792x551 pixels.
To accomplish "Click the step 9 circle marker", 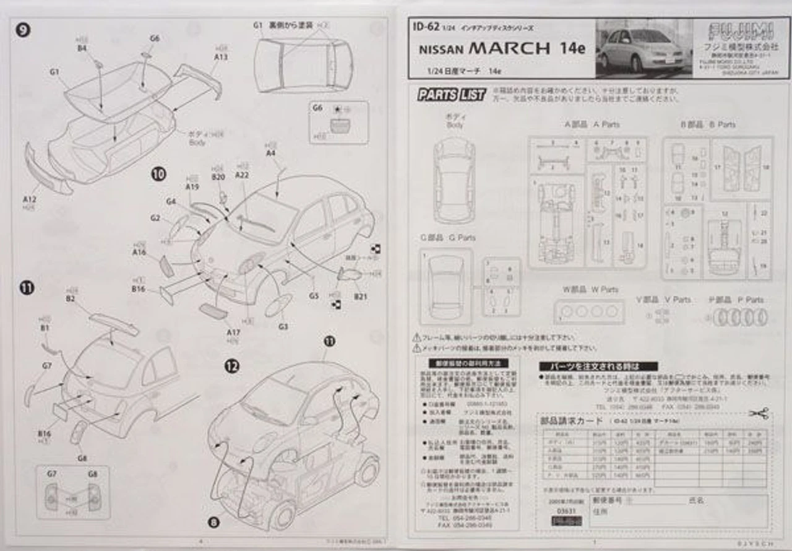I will pos(23,29).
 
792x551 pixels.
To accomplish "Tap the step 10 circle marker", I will pos(158,175).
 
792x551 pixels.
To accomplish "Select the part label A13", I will pos(221,57).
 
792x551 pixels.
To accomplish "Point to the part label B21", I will pos(361,297).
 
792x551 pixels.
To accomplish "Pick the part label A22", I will pos(242,175).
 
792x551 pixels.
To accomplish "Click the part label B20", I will pos(218,178).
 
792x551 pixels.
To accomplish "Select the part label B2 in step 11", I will pos(71,298).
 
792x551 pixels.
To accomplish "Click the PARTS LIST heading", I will pos(452,95).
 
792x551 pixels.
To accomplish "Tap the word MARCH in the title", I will pos(509,48).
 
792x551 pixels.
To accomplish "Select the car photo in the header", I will pos(643,48).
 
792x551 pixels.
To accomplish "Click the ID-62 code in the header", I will pos(426,27).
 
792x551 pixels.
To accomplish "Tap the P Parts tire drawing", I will pos(741,317).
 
